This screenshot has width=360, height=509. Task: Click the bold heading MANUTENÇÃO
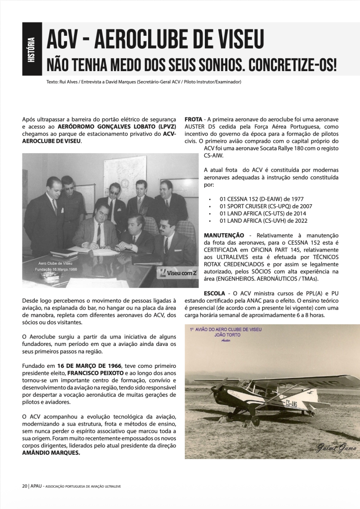(224, 235)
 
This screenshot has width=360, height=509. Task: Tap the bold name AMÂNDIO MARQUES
(51, 453)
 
